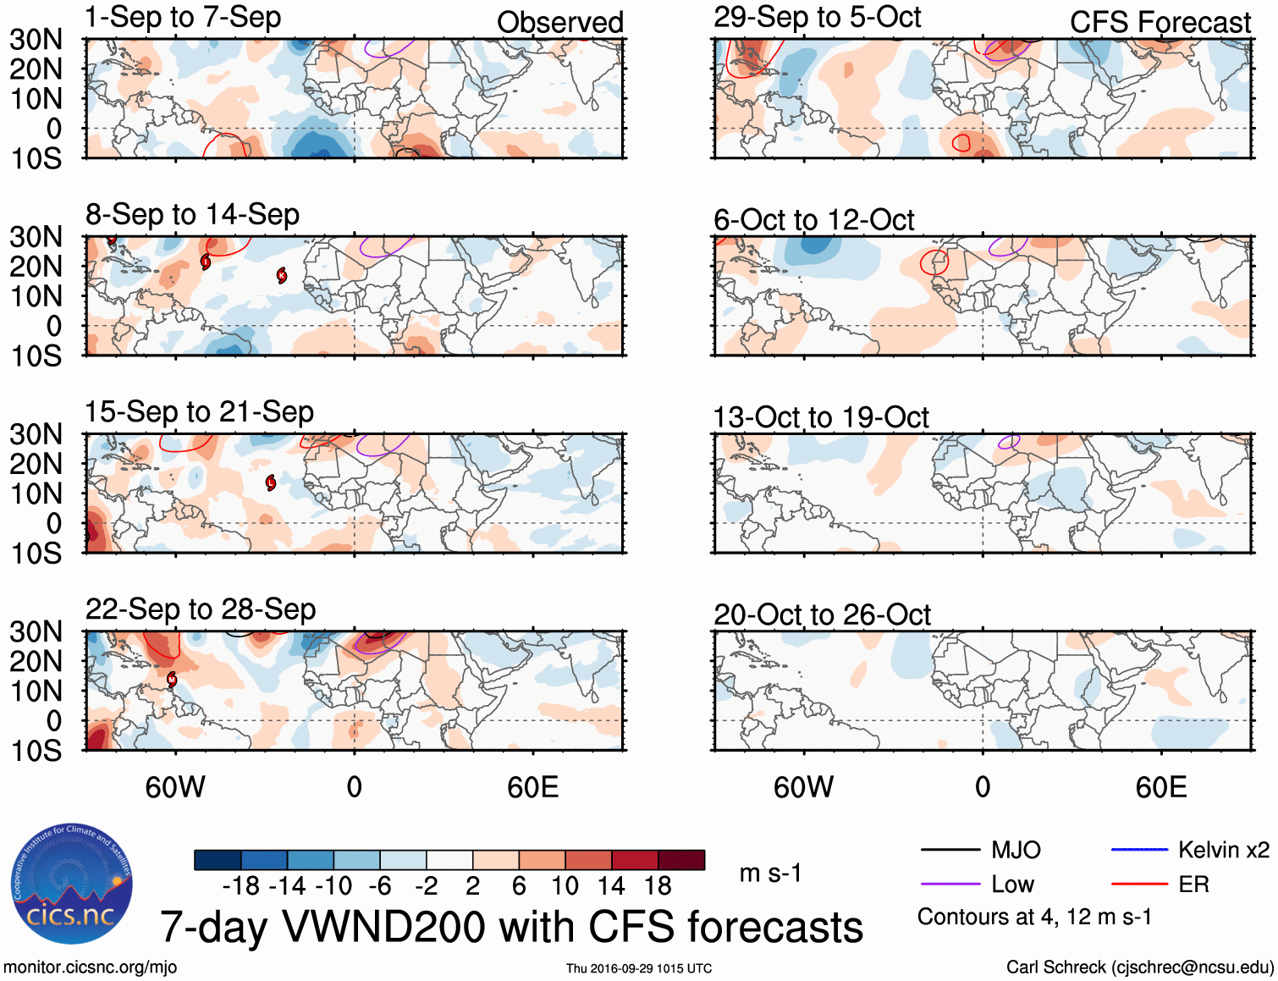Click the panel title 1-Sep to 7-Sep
[x=183, y=18]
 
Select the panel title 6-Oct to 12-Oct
[x=813, y=220]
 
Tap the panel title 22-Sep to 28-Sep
[x=201, y=609]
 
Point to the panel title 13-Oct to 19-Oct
[x=821, y=417]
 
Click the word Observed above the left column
[x=559, y=23]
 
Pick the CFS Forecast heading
[x=1160, y=23]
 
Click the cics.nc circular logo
[x=72, y=885]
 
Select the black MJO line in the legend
[x=950, y=850]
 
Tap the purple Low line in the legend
[x=950, y=885]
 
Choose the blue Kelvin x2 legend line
[x=1139, y=850]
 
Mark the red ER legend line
[x=1139, y=885]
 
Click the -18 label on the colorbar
[x=241, y=886]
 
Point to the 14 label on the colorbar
[x=611, y=886]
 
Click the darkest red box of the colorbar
[x=681, y=860]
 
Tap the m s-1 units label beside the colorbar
[x=770, y=873]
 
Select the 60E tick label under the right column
[x=1160, y=788]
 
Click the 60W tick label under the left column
[x=175, y=788]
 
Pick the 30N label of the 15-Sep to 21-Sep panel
[x=36, y=434]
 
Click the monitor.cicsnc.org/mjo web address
[x=91, y=967]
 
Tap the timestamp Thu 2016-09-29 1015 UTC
[x=639, y=968]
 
